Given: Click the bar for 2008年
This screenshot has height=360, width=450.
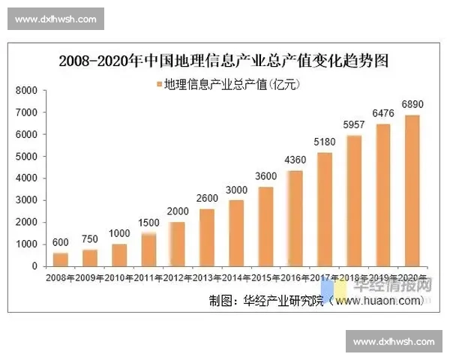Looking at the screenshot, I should coord(60,259).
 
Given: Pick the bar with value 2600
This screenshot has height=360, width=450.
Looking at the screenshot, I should coord(207,238).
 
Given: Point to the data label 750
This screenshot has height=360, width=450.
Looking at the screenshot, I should coord(88,239).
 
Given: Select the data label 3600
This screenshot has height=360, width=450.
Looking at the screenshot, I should coord(265,176).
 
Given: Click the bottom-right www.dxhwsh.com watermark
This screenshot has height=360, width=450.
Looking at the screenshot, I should coord(394,342).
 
